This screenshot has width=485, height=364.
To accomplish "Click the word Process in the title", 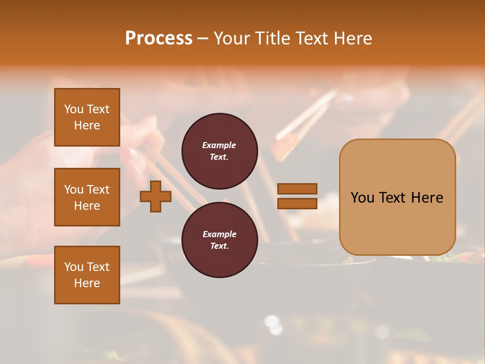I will point(159,38).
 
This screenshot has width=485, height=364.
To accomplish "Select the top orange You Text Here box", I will point(87,117).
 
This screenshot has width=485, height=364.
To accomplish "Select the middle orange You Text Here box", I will point(87,197).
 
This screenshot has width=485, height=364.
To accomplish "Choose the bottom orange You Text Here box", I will point(87,275).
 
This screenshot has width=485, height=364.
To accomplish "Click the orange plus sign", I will point(156,196).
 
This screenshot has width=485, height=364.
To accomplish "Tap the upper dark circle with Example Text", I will point(219,151).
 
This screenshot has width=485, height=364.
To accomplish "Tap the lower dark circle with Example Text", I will point(219,240).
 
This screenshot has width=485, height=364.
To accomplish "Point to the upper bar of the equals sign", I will point(297,189).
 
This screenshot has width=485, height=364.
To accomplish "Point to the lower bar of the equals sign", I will point(297,203).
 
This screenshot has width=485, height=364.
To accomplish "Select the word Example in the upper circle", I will point(219,145).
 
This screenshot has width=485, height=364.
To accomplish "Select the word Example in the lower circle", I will point(219,234).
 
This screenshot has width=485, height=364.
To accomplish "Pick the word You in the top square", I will point(74,109).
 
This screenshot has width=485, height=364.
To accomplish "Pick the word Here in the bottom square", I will point(87,283).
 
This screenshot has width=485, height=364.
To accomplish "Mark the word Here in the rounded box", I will point(427,198).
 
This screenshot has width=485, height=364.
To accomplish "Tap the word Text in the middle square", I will point(98,190).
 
